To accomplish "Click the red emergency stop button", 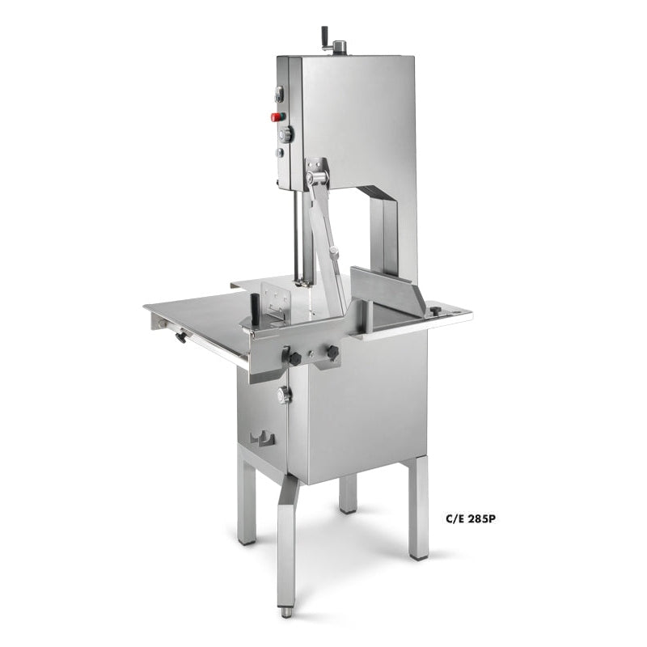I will pos(276,116).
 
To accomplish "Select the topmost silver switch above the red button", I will pos(280,95).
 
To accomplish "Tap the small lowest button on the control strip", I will pos(280,152).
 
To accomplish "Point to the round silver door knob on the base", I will pos(283,395).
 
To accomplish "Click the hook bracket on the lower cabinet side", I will pos(262,439).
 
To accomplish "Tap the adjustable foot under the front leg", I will pos(286,611).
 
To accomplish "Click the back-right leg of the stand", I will pos(417,518).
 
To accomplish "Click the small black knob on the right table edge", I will pos(435,310).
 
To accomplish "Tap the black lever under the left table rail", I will pos(179,335).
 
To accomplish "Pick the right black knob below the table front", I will pos(331,353).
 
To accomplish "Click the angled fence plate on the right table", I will pos(388,287).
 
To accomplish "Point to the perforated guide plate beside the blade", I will pos(277,299).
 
